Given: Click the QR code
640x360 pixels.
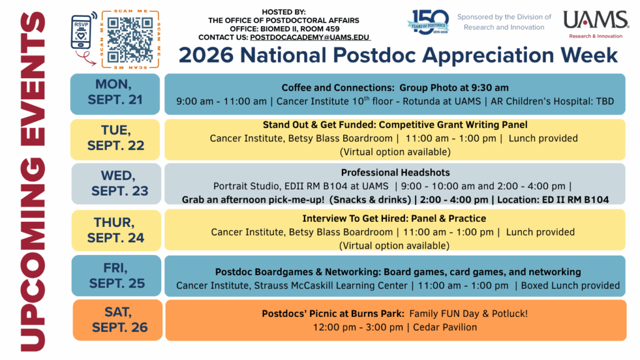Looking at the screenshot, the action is [130, 39].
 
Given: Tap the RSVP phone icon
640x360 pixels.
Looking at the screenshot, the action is [81, 32].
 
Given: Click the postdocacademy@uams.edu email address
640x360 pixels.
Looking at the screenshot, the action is [309, 37].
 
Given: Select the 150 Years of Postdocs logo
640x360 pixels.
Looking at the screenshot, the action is [428, 22].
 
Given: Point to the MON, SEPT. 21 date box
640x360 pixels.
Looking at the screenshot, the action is [115, 94].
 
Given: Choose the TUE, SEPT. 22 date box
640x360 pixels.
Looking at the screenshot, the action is [115, 139].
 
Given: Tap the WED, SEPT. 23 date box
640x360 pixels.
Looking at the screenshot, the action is [116, 184].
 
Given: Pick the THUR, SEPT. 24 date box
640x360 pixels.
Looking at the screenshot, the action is [116, 230].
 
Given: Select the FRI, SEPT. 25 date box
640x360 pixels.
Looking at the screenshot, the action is [116, 276].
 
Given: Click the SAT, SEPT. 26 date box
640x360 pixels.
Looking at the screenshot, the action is [117, 320].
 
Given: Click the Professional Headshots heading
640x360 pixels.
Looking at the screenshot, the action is [395, 172].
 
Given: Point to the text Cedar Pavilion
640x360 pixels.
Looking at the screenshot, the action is [445, 327].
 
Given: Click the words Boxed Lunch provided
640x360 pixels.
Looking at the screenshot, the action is [570, 285].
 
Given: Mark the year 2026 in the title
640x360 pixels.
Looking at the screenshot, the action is [206, 56].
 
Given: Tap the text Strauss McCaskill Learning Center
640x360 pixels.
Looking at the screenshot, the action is [331, 286].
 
